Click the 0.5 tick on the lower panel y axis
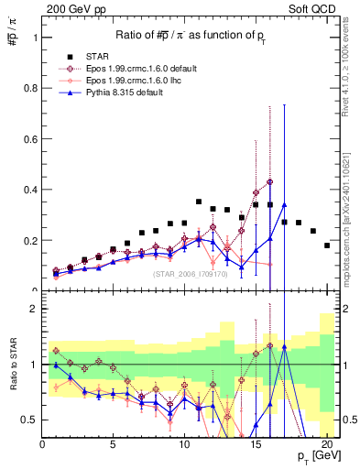[28, 420]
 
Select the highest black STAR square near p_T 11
[199, 202]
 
